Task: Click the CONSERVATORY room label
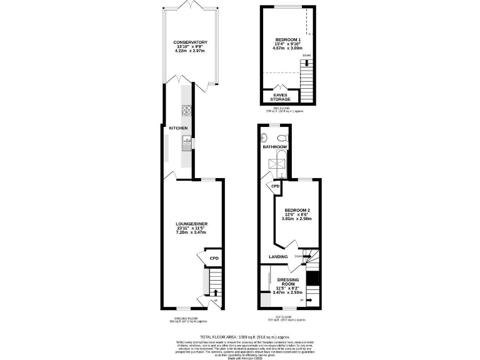(191, 42)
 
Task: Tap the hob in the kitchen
(186, 111)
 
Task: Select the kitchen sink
(186, 145)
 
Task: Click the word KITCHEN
(178, 128)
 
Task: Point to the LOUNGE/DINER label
(191, 224)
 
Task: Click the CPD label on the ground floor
(213, 258)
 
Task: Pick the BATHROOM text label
(274, 147)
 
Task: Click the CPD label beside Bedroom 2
(275, 186)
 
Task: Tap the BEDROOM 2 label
(297, 209)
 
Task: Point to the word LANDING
(278, 256)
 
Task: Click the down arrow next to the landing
(307, 256)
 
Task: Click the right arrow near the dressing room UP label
(309, 300)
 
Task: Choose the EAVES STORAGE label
(280, 97)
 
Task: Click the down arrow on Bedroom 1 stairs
(306, 63)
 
